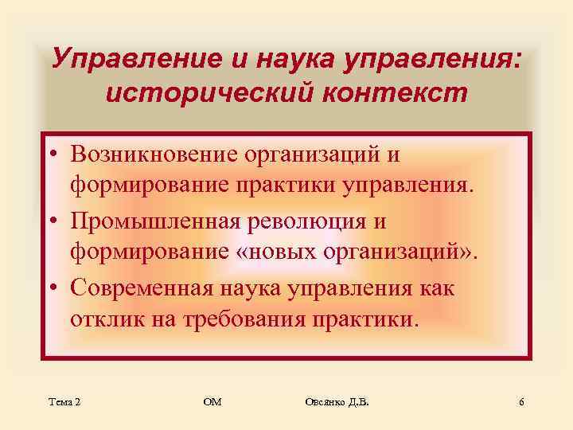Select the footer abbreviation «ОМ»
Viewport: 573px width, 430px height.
pos(212,402)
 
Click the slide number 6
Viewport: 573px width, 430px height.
pos(521,402)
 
